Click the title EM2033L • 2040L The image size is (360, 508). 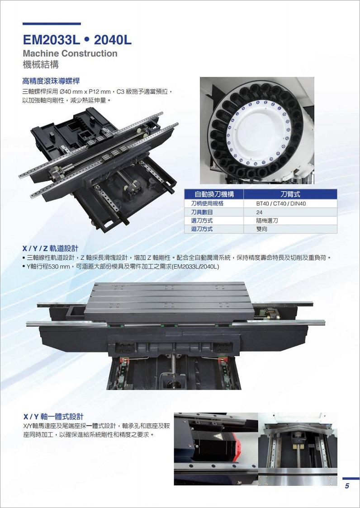click(77, 40)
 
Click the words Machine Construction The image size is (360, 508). click(70, 53)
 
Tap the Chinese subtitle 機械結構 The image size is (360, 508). click(41, 65)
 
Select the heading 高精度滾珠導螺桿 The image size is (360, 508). click(51, 80)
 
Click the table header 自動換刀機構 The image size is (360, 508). click(214, 194)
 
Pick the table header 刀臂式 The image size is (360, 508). click(290, 194)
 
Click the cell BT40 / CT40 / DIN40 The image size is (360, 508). click(281, 204)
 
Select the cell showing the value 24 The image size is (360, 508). click(259, 212)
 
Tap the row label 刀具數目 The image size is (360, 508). click(202, 212)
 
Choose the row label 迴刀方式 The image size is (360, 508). click(202, 229)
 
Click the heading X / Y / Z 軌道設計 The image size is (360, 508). click(50, 249)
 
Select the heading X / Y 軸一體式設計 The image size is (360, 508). click(53, 417)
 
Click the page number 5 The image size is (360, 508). click(347, 486)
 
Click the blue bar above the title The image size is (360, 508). click(52, 24)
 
